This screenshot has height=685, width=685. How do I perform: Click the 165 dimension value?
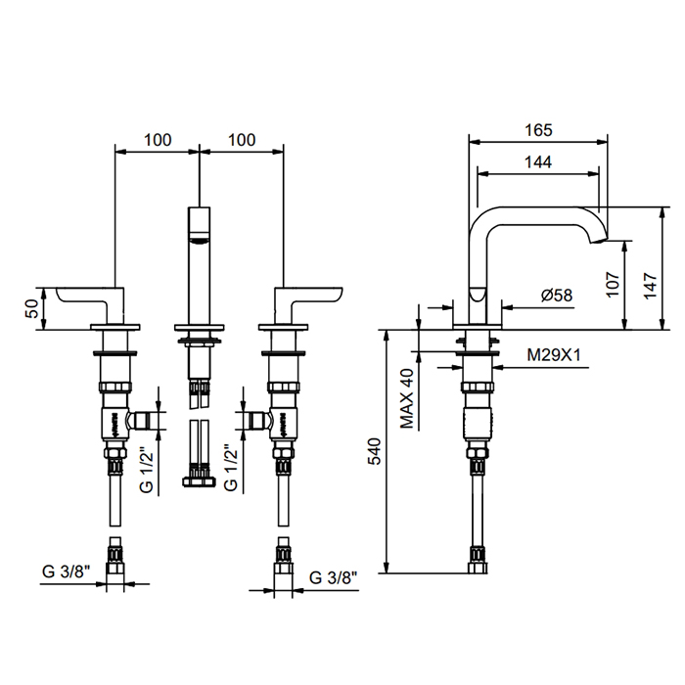[x=538, y=129]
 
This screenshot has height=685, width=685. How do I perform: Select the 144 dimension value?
[x=538, y=162]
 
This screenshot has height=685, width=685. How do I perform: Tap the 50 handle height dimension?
[x=32, y=308]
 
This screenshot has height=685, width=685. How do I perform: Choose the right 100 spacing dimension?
[x=241, y=140]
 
